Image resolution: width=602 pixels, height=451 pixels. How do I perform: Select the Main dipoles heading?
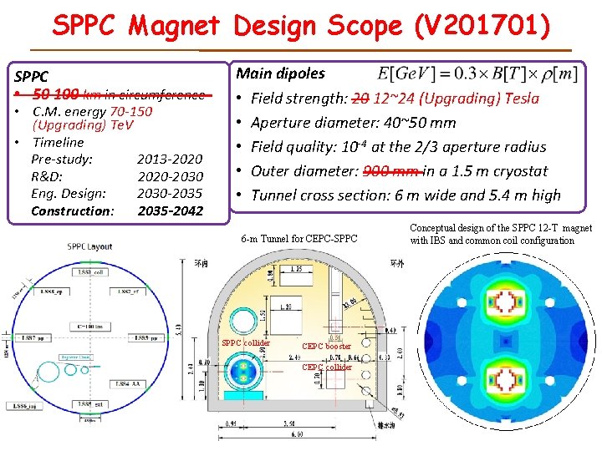tap(280, 73)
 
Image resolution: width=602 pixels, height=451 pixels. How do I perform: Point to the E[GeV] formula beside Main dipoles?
tap(477, 73)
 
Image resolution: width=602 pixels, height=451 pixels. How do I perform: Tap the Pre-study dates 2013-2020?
tap(169, 159)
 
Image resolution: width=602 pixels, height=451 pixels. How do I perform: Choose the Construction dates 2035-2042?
tap(170, 210)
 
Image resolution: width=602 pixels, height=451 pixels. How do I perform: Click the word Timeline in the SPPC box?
tap(59, 142)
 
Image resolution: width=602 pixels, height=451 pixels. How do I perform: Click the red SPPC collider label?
tap(246, 342)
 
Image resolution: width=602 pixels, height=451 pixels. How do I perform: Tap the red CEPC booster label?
tap(326, 346)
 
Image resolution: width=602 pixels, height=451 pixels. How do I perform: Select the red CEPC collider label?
tap(327, 367)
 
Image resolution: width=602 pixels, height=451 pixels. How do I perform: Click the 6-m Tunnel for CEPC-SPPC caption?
tap(298, 239)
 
